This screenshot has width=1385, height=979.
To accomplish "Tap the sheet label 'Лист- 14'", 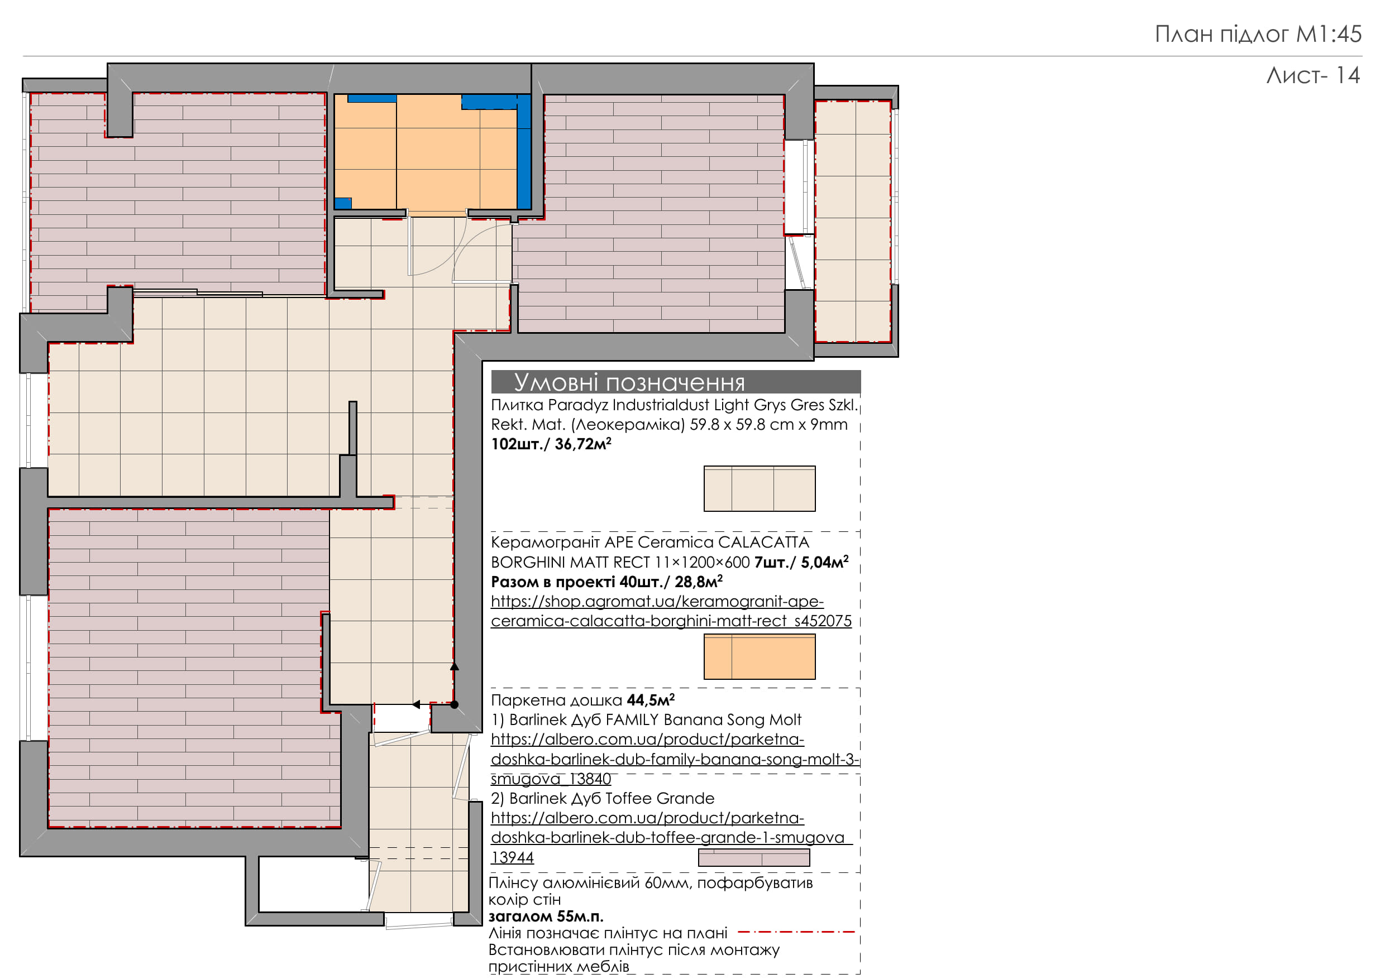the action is click(1312, 75).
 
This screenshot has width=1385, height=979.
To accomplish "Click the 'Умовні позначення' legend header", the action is click(629, 382).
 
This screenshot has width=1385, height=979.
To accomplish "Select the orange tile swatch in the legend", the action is click(760, 656).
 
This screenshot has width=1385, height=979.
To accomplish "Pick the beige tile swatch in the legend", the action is click(760, 488).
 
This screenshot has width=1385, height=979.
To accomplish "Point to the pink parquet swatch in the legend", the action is click(754, 857).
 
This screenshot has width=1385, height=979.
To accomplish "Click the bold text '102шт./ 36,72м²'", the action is click(551, 444).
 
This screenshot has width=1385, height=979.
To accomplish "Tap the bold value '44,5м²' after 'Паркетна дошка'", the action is click(651, 700).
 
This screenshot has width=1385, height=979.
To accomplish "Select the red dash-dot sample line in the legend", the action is click(796, 932).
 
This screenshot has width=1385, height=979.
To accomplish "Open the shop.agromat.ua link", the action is click(671, 611).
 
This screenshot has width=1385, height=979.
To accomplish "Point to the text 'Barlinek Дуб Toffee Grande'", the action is click(612, 799).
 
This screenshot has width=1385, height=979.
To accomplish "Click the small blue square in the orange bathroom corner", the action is click(343, 203).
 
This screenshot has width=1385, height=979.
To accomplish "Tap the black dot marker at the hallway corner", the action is click(454, 704).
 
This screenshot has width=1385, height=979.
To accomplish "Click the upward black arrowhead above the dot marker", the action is click(455, 666).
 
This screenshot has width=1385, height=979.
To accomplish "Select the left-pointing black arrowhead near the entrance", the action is click(416, 704).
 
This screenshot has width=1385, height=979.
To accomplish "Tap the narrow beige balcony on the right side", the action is click(853, 221).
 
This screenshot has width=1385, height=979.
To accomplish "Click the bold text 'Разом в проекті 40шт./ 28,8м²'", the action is click(607, 582).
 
